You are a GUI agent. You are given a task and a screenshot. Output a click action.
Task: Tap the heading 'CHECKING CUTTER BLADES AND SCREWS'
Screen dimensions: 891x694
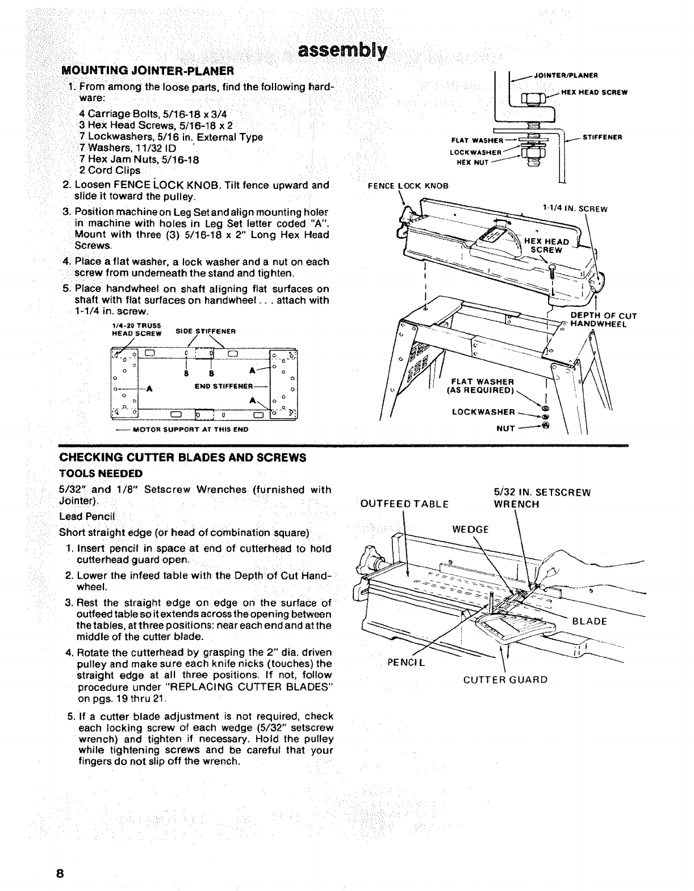point(182,457)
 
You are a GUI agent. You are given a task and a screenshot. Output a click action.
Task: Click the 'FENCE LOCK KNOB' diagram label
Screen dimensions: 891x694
point(408,186)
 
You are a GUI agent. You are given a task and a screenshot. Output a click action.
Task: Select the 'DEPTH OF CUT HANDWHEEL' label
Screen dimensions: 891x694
point(603,320)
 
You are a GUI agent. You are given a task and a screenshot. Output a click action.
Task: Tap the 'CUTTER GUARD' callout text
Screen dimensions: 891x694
point(505,680)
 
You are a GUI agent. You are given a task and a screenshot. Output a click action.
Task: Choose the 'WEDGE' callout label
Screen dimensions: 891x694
point(471,530)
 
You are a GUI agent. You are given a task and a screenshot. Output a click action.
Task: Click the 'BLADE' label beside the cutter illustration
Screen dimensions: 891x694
point(590,621)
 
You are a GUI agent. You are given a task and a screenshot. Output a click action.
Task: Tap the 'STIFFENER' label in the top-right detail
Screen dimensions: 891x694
point(603,137)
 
